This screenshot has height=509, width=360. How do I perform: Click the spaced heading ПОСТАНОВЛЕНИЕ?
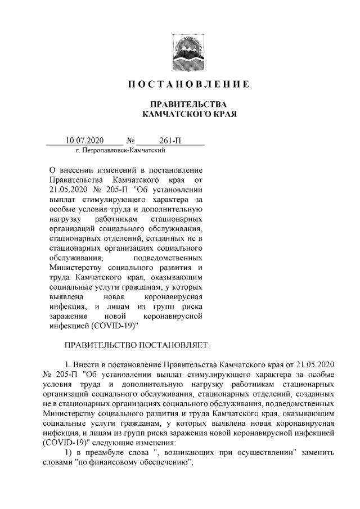click(x=179, y=85)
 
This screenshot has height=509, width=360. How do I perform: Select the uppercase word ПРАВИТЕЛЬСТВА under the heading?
click(x=180, y=105)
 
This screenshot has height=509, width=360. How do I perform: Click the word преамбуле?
click(x=106, y=452)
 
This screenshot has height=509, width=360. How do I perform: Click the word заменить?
click(x=319, y=452)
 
